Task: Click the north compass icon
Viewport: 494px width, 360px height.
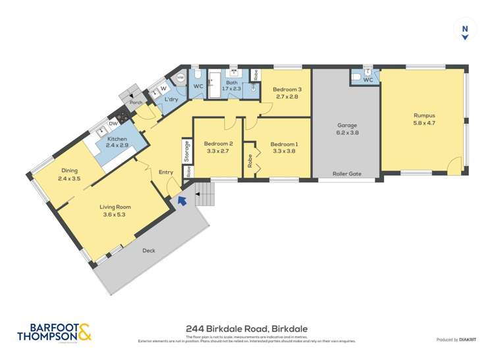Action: pos(465,31)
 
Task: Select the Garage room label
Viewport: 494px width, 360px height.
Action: pos(346,125)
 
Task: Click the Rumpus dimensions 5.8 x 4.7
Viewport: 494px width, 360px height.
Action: pos(424,123)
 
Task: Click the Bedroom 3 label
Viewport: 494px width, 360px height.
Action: pos(287,90)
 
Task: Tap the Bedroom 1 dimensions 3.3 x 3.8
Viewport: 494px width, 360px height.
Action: pos(284,151)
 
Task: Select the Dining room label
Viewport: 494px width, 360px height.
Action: pos(69,170)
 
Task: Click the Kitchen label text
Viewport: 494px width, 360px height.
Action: pos(117,139)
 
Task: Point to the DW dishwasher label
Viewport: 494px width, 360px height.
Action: pos(113,123)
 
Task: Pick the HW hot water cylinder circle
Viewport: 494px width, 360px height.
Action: pos(180,78)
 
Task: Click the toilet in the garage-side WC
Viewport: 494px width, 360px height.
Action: pos(356,77)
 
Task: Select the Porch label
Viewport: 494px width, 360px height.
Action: pos(136,103)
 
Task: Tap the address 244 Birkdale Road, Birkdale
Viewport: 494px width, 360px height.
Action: pos(247,328)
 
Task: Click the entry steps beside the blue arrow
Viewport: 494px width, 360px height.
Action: pos(205,193)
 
